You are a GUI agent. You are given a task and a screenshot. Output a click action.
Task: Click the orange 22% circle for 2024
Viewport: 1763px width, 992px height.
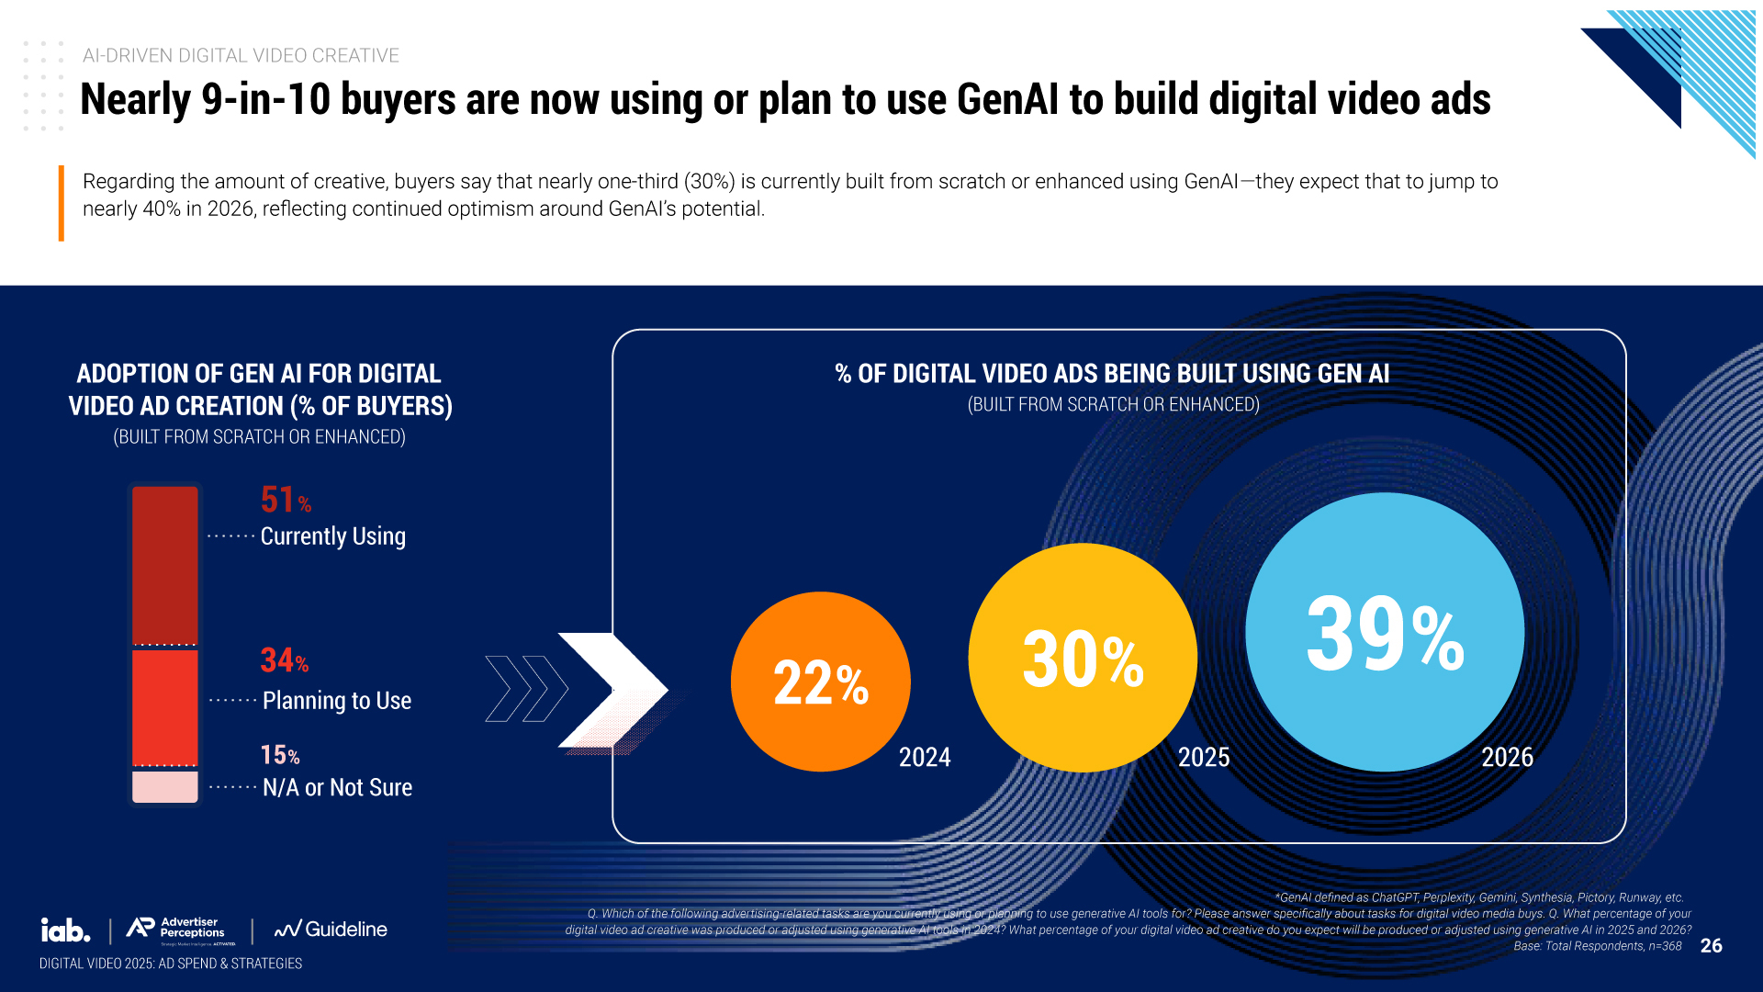tap(820, 682)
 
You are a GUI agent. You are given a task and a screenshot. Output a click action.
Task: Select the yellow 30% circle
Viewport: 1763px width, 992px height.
tap(1083, 658)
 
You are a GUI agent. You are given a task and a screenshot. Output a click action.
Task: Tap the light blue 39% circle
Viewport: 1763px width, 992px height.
tap(1385, 632)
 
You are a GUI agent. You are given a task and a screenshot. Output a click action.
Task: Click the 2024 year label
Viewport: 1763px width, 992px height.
tap(924, 757)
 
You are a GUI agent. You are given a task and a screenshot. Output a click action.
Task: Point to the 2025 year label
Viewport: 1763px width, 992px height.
tap(1203, 757)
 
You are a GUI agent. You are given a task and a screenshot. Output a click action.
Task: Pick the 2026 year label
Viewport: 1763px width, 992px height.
tap(1507, 757)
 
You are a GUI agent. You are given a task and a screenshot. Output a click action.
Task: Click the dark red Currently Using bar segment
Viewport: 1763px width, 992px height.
tap(165, 565)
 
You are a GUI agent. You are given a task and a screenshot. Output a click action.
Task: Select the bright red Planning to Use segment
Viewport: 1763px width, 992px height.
tap(165, 707)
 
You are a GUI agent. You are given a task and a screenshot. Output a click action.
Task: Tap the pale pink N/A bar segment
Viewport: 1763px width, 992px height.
tap(165, 786)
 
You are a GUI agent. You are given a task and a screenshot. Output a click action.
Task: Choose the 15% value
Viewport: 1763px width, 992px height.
tap(279, 755)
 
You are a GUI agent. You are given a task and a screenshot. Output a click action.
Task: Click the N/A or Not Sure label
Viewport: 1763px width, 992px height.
tap(337, 787)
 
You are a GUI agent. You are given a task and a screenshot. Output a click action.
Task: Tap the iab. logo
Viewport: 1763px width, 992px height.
tap(65, 930)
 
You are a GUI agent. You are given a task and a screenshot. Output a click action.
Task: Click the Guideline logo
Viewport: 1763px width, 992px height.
tap(331, 930)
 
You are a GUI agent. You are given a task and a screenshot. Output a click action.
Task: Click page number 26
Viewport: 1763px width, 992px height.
tap(1711, 946)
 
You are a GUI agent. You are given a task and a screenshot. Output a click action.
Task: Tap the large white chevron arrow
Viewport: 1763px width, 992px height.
tap(611, 689)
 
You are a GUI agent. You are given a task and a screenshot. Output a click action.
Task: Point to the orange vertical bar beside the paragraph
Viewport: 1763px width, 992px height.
tap(62, 203)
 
